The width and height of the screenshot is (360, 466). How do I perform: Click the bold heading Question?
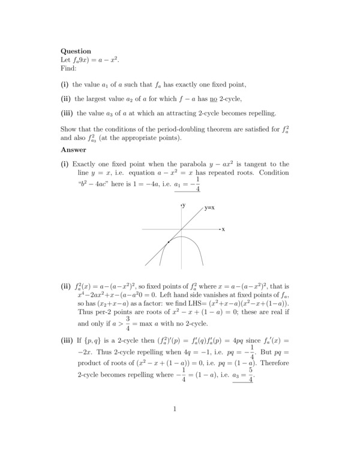76,52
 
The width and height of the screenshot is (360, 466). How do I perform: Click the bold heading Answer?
74,150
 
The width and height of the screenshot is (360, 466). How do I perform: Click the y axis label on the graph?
184,205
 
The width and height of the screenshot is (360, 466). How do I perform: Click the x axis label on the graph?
223,229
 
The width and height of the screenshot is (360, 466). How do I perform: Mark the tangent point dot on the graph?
169,241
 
